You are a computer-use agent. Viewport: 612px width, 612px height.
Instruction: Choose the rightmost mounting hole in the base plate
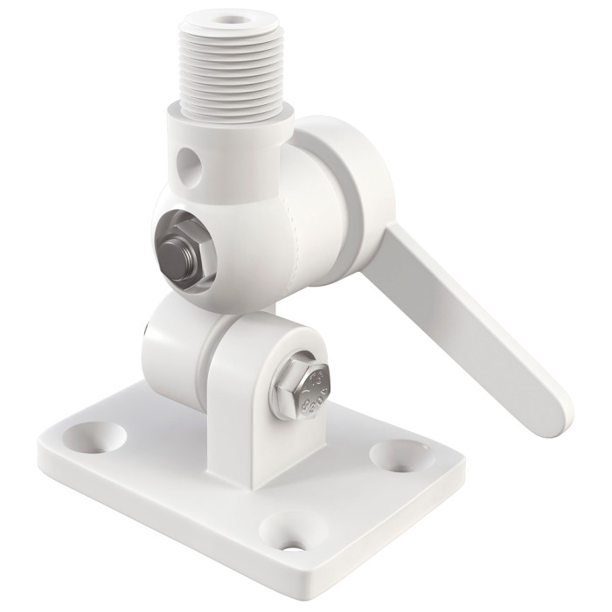[x=388, y=455]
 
